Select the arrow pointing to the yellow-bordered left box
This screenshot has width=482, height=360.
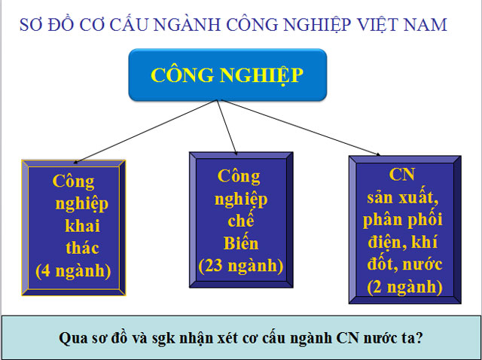point(143,132)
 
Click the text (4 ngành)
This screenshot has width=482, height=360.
point(72,270)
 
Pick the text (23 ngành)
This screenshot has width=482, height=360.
point(240,265)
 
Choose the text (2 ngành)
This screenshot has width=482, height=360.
point(403,286)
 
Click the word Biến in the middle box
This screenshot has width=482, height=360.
point(240,243)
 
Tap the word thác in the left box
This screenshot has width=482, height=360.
point(82,248)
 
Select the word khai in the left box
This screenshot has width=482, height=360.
point(82,226)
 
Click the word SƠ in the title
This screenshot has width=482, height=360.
point(35,25)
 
